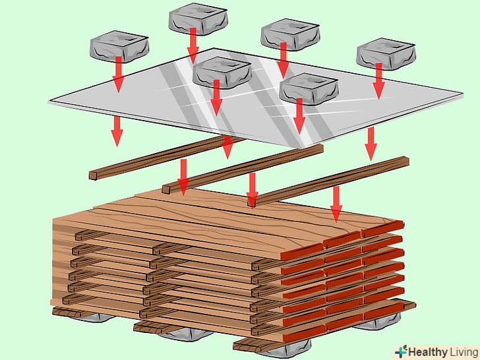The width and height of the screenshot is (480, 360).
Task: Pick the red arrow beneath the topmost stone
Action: pyautogui.click(x=193, y=45)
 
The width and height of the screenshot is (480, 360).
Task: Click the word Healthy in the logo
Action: pyautogui.click(x=426, y=351)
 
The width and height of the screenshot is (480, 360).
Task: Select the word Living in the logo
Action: pyautogui.click(x=462, y=351)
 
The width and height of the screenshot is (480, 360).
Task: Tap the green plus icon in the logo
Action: pyautogui.click(x=401, y=351)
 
